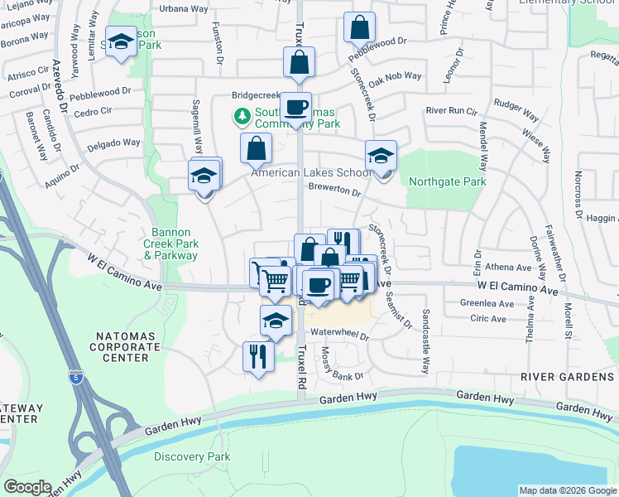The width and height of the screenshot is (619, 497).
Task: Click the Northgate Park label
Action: pyautogui.click(x=447, y=181)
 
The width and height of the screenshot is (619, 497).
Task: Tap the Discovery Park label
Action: pyautogui.click(x=191, y=456)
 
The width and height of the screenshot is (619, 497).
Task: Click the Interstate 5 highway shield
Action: pyautogui.click(x=76, y=374)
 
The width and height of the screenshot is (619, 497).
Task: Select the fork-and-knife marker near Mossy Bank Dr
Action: pyautogui.click(x=257, y=356)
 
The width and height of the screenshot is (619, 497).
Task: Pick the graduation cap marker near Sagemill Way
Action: pyautogui.click(x=204, y=176)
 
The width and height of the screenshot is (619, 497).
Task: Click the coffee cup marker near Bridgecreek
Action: pyautogui.click(x=295, y=107)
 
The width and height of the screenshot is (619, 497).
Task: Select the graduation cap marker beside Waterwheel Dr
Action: pyautogui.click(x=276, y=321)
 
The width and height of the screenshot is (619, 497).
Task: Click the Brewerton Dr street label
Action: pyautogui.click(x=335, y=190)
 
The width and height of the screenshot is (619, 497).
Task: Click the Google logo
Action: pyautogui.click(x=27, y=487)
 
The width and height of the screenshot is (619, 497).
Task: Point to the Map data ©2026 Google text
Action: pyautogui.click(x=566, y=490)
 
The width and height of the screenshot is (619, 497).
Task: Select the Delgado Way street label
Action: pyautogui.click(x=114, y=143)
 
